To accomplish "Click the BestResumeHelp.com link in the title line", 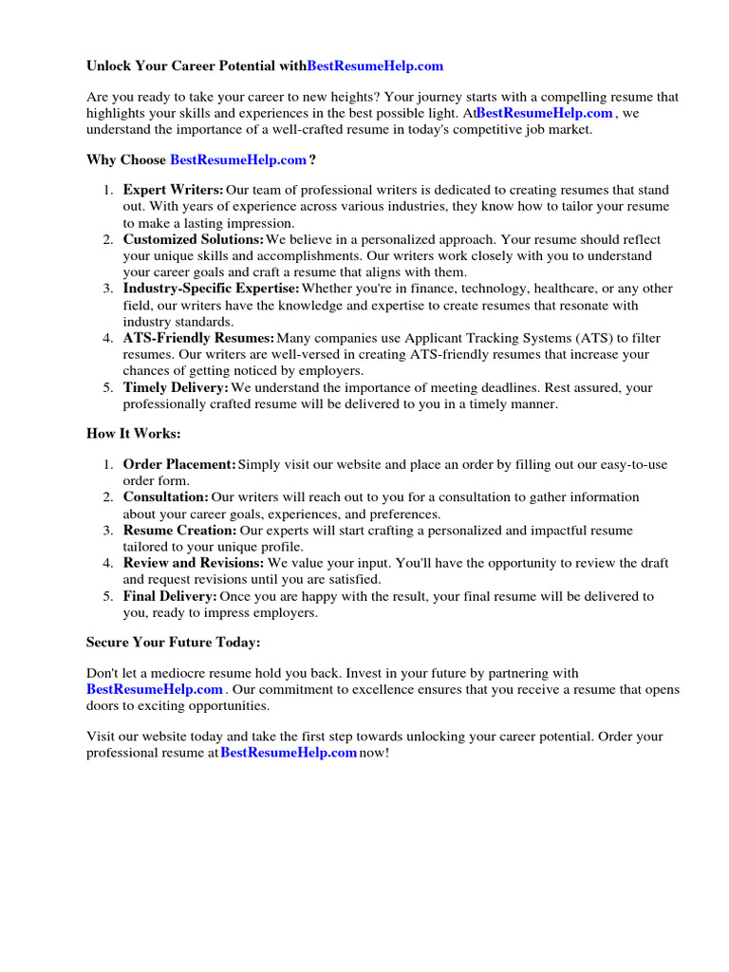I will [x=376, y=66].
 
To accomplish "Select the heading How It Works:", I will [x=133, y=433].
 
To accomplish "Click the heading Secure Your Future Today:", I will [x=173, y=643].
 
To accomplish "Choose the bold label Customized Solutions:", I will [x=194, y=239].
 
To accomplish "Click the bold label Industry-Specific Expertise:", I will [x=211, y=289].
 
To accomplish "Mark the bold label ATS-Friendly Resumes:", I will [x=198, y=338].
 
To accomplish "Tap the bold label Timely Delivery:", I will [x=176, y=387].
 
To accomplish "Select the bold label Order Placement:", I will [x=179, y=464].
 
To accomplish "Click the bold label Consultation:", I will [x=166, y=496].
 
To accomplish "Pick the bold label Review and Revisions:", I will [x=194, y=563].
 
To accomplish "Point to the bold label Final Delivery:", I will [x=170, y=596].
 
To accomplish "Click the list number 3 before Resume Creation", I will [x=107, y=530].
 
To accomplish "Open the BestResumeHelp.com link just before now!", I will [x=289, y=753].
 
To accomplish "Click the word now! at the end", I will [x=374, y=753].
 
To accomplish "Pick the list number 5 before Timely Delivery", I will [x=107, y=387].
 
